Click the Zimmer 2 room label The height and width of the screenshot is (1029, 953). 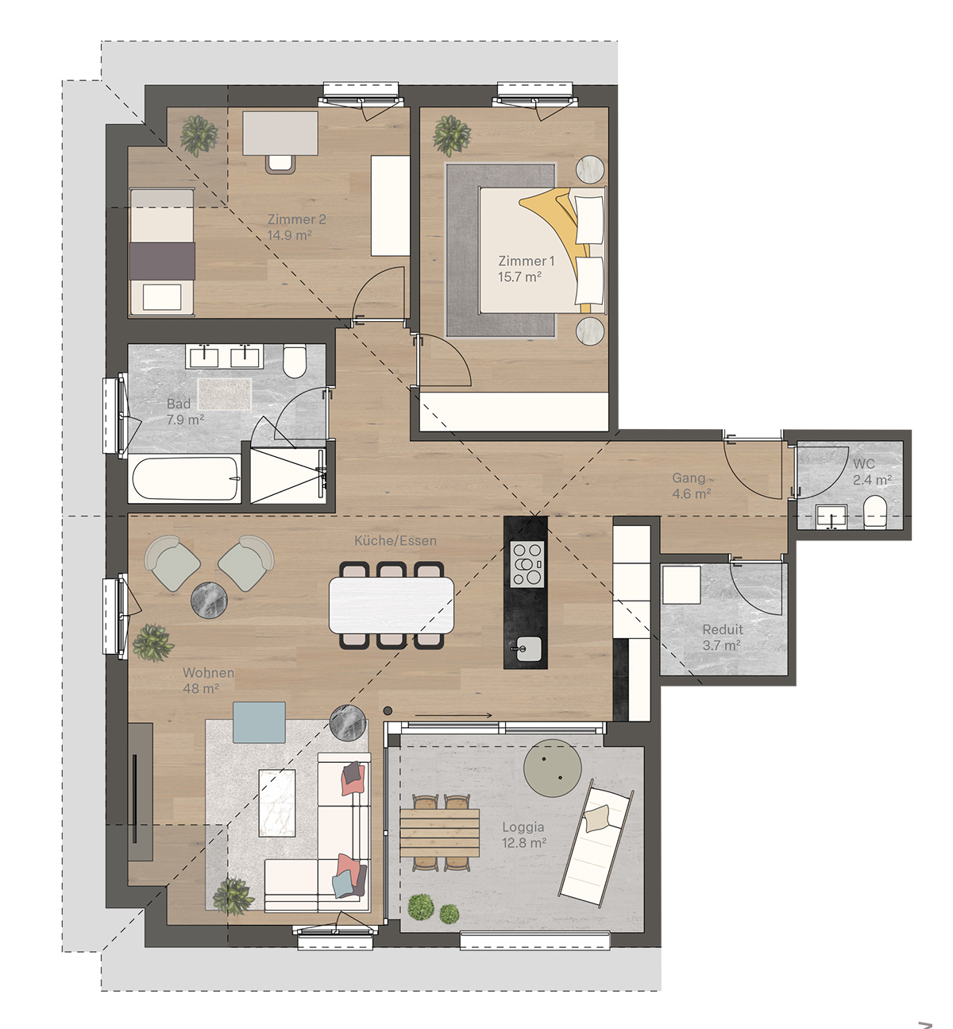coord(296,219)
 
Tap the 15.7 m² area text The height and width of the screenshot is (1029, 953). coord(519,277)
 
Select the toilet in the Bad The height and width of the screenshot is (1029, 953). coord(295,362)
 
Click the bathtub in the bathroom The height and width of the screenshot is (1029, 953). coord(185,479)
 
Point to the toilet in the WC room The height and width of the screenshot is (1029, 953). coord(874,512)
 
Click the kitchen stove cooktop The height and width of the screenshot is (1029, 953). coord(527,563)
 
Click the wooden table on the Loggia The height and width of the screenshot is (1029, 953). coord(439,833)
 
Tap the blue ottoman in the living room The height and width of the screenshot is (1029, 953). coord(259,722)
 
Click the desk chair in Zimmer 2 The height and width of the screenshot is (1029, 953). coord(280,163)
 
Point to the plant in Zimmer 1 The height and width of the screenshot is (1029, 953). coord(451,135)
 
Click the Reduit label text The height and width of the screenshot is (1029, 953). coord(723,629)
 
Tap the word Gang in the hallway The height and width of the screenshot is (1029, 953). coord(689,478)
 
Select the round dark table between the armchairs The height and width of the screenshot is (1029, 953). coord(209,600)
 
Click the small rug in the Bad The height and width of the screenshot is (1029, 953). coord(225,394)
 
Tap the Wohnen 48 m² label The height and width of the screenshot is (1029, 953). coord(208,680)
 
